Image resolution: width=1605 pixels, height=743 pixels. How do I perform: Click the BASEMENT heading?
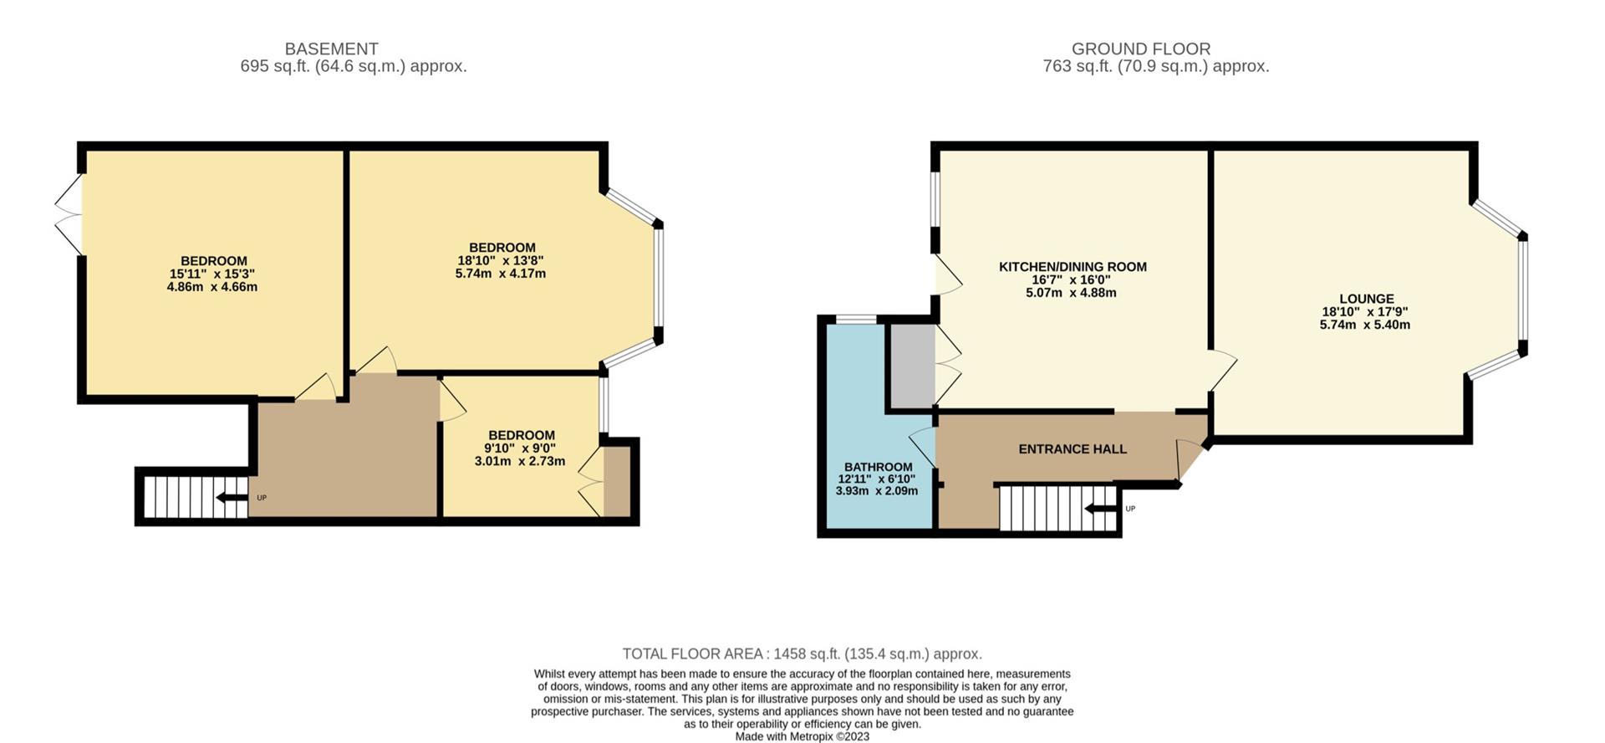[331, 49]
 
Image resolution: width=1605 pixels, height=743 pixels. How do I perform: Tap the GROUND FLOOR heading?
[1140, 49]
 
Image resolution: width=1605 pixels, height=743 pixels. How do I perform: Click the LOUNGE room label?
[1366, 299]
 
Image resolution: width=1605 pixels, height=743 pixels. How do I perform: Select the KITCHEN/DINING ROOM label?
[1073, 267]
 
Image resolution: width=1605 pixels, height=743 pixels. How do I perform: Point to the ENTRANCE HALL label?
[1073, 449]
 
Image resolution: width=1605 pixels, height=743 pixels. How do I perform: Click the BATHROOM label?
[878, 467]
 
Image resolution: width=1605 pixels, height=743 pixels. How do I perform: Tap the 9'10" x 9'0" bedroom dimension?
[521, 448]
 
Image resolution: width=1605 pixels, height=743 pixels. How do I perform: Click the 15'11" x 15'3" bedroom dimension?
[212, 274]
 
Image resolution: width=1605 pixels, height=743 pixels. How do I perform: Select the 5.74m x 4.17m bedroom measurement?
[500, 274]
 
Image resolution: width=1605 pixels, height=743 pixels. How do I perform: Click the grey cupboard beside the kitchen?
[910, 366]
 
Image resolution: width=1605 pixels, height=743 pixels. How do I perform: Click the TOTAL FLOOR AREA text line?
[802, 653]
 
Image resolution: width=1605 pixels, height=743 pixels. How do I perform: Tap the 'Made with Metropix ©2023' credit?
[802, 736]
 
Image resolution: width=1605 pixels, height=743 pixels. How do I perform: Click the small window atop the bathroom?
[856, 319]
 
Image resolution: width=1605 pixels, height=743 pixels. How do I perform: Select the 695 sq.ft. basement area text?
[353, 66]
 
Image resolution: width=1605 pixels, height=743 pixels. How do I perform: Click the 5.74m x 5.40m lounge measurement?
[1364, 325]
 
